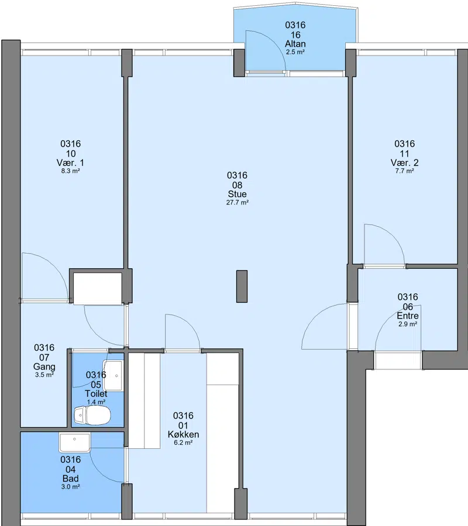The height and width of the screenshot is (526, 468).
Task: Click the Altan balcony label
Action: click(295, 44)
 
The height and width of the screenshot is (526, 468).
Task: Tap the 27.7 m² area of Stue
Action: click(238, 202)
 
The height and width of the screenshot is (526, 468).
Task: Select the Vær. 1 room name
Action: click(71, 163)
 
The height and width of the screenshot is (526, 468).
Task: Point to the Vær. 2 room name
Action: click(405, 163)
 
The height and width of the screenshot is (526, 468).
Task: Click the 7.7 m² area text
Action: click(405, 171)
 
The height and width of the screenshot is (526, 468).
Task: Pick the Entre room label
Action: click(408, 316)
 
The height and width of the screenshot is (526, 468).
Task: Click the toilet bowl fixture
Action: click(92, 416)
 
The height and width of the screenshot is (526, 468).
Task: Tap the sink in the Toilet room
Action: click(113, 376)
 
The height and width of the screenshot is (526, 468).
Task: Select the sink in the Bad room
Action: click(75, 442)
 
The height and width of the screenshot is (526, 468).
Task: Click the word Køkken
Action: click(183, 435)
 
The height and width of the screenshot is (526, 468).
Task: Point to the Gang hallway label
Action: click(44, 366)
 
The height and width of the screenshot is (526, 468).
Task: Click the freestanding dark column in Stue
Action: click(242, 286)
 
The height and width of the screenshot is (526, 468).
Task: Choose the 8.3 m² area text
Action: click(71, 171)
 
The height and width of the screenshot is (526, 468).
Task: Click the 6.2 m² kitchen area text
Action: click(183, 443)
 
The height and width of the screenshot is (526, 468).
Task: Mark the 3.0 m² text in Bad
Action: click(71, 487)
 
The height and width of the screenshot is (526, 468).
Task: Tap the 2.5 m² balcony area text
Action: click(295, 52)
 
